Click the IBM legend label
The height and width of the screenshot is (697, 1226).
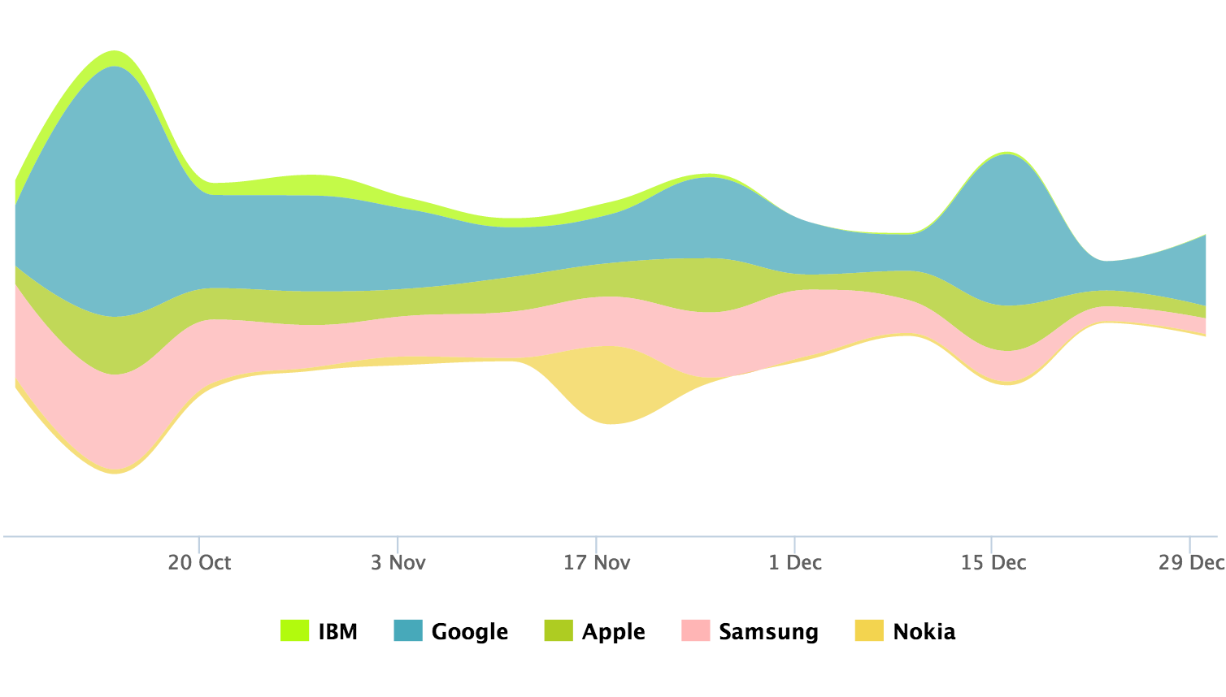click(x=337, y=631)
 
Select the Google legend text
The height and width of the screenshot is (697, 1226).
click(x=469, y=631)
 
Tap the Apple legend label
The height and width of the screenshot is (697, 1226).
click(x=613, y=631)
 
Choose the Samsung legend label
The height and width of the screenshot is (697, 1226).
click(x=768, y=631)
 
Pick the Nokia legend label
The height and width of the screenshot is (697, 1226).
click(x=924, y=631)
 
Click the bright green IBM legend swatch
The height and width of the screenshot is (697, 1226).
click(x=294, y=630)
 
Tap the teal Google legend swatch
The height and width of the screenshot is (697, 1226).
click(x=408, y=630)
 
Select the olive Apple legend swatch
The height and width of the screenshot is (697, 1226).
click(x=559, y=630)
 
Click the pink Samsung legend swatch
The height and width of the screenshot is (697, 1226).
click(x=695, y=630)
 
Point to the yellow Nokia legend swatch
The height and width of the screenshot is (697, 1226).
click(x=869, y=630)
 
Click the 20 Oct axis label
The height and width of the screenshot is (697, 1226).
click(x=199, y=562)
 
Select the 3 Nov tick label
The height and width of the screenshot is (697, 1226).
click(x=398, y=562)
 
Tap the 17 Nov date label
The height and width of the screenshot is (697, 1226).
click(x=596, y=562)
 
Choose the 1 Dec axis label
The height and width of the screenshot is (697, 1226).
click(x=794, y=562)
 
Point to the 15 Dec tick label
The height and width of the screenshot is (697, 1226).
click(x=993, y=562)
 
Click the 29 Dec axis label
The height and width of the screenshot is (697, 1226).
click(x=1190, y=562)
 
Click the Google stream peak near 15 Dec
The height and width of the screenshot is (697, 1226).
click(x=1006, y=227)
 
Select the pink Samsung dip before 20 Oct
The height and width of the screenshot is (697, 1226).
click(x=114, y=422)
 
